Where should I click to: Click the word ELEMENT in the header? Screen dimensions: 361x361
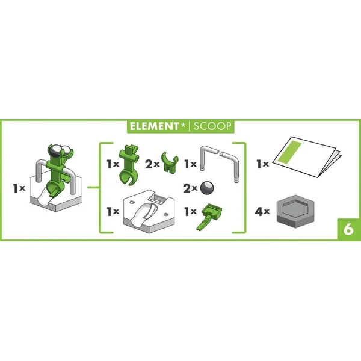(x=154, y=126)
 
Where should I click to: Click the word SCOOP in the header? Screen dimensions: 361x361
(x=212, y=126)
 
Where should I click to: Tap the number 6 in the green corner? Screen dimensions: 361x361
(x=348, y=229)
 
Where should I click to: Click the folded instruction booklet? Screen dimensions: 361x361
(x=306, y=156)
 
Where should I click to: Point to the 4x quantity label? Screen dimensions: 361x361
(x=262, y=211)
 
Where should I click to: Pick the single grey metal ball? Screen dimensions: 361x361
(x=207, y=188)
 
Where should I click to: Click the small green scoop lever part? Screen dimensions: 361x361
(x=209, y=217)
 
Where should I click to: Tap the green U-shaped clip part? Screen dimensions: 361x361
(x=170, y=162)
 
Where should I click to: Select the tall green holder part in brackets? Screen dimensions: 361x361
(x=129, y=164)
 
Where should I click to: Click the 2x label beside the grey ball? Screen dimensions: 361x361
(x=190, y=188)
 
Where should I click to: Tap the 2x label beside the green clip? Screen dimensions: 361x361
(x=152, y=164)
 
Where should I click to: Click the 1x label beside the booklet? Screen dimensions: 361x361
(x=263, y=164)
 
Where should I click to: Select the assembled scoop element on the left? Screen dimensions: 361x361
(x=56, y=177)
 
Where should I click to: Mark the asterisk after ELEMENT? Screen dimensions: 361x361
(x=183, y=125)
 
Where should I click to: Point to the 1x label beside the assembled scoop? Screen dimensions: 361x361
(x=19, y=188)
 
